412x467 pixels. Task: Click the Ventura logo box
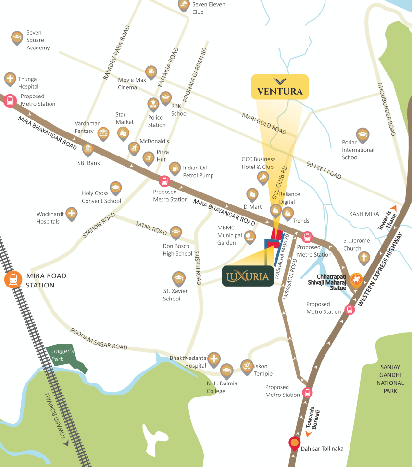(x=279, y=87)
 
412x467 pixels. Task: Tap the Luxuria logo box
(x=246, y=276)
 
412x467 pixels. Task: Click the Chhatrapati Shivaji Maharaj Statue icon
(x=356, y=279)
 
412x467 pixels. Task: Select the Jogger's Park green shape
(x=68, y=357)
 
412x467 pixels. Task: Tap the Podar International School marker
(x=362, y=134)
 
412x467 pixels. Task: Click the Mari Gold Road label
(x=264, y=123)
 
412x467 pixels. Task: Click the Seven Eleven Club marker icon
(x=184, y=5)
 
